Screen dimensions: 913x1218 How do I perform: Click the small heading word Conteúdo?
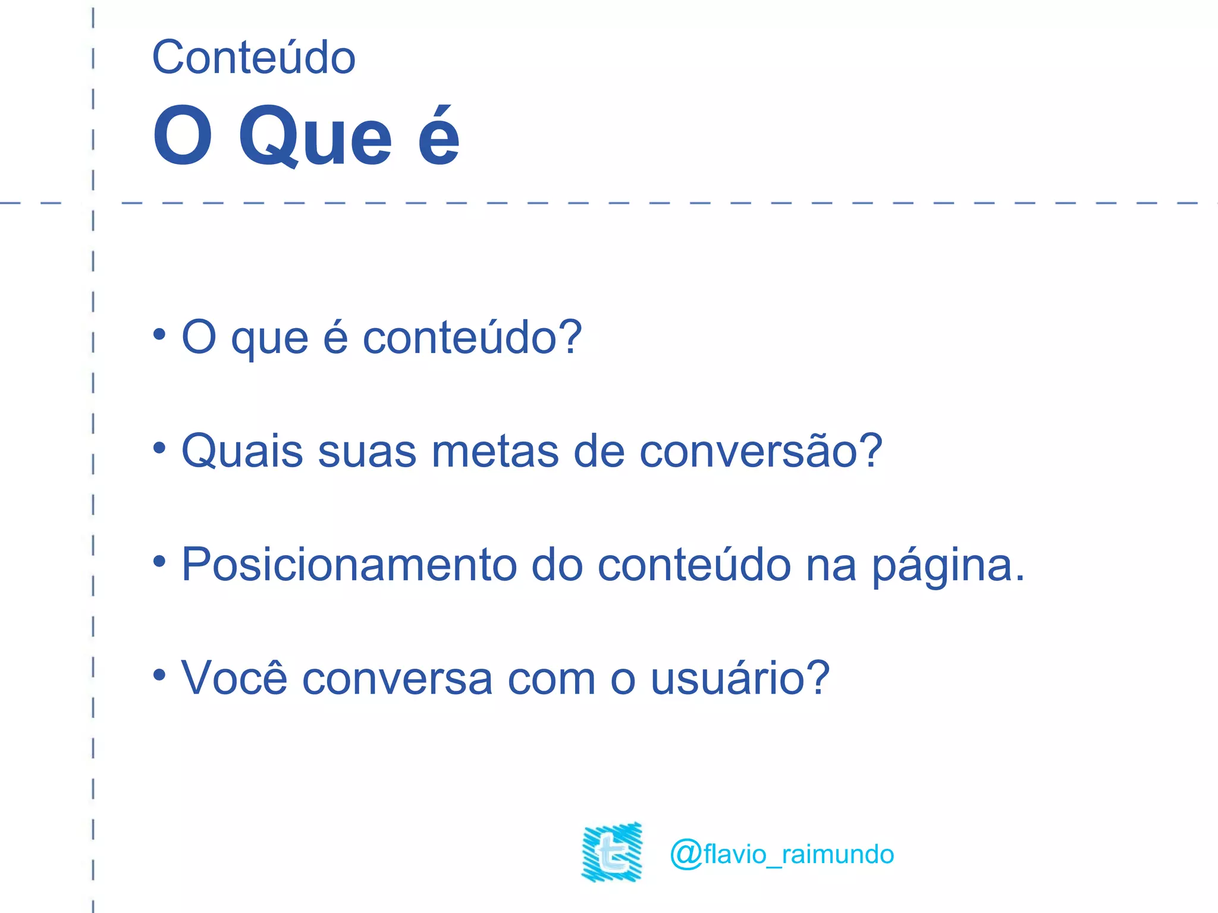click(253, 58)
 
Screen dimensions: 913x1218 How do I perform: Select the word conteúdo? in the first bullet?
click(472, 338)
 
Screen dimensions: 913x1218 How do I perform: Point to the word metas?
click(495, 451)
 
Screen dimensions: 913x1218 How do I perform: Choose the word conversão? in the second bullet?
click(761, 451)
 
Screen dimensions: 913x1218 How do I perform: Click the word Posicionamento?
click(349, 565)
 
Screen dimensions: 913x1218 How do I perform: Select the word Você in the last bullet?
click(234, 678)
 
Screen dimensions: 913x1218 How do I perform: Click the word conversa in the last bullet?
click(397, 679)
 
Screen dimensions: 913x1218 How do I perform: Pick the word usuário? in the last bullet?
click(740, 678)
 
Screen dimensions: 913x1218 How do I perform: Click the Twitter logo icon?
click(612, 852)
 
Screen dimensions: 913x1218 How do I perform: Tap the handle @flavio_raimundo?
click(781, 854)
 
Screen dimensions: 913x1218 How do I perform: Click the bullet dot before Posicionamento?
click(159, 561)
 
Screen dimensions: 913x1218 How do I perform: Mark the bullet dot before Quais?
click(159, 448)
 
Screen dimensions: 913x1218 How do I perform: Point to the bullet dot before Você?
click(159, 675)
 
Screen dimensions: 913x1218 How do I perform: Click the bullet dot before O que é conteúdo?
click(159, 334)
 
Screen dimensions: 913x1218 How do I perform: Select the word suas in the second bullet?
click(367, 451)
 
